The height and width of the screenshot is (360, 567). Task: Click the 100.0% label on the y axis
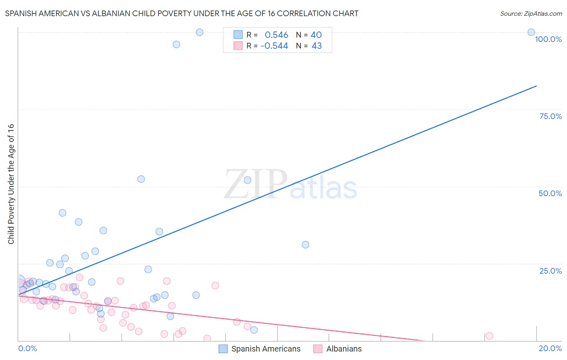(548, 39)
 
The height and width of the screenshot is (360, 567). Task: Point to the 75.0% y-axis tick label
(550, 116)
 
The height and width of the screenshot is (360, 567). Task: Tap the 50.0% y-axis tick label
(550, 193)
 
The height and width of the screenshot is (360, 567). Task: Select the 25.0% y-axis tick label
(550, 271)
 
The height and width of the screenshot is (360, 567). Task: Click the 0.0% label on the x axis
(27, 348)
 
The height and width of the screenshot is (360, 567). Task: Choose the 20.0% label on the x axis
(550, 348)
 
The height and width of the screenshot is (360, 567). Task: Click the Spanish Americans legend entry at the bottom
(266, 349)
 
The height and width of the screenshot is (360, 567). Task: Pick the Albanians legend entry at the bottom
(344, 349)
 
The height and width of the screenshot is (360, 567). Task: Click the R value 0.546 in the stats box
(276, 35)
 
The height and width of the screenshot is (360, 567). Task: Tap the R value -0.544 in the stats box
(274, 46)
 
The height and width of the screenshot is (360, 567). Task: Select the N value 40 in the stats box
(316, 35)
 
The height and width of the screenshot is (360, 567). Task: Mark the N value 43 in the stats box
(317, 46)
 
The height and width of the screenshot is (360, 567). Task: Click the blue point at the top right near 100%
(531, 32)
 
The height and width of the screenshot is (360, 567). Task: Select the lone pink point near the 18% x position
(489, 336)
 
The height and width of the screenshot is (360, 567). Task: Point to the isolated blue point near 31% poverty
(305, 245)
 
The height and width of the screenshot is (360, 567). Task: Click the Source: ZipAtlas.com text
(531, 14)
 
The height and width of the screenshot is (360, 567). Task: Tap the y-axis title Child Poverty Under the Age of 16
(11, 184)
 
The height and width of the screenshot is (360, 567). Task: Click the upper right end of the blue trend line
(536, 86)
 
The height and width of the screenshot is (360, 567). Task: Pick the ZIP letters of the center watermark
(256, 184)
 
